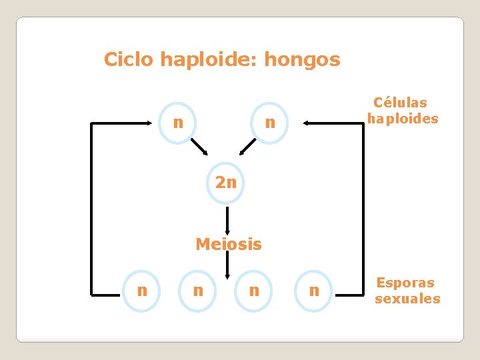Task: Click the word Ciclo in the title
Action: click(129, 60)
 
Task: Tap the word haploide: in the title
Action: click(209, 60)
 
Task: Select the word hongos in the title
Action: click(302, 60)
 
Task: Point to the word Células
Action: click(401, 103)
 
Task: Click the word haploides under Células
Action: click(403, 119)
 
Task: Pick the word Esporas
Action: click(405, 282)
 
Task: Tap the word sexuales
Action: click(407, 299)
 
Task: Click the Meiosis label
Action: click(229, 245)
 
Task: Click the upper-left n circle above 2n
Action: click(178, 123)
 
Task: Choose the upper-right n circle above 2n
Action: click(270, 123)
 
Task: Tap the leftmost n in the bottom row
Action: click(142, 290)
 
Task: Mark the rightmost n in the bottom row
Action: click(314, 291)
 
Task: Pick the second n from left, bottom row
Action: click(198, 291)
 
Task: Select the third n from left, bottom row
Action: click(254, 291)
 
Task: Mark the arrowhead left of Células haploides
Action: click(307, 123)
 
